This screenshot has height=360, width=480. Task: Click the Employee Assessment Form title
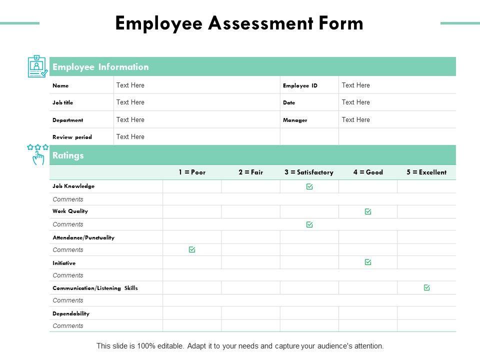tap(239, 23)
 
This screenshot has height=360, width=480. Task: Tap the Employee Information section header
tap(100, 67)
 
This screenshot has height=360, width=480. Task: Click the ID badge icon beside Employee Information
tap(37, 66)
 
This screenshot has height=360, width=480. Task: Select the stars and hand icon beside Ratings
tap(38, 154)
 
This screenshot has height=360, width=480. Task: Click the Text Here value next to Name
tap(130, 85)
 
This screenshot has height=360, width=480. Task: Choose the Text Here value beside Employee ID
tap(356, 85)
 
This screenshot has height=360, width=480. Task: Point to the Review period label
tap(72, 137)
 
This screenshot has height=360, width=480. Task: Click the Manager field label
tap(295, 120)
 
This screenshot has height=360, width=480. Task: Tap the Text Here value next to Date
tap(356, 102)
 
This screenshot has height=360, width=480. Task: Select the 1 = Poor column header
tap(192, 172)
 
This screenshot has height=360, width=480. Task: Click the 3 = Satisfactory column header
tap(309, 172)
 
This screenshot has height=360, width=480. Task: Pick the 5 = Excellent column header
tap(426, 172)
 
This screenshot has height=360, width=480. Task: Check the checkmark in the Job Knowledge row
tap(309, 186)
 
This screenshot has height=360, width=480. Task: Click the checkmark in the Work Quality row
tap(368, 211)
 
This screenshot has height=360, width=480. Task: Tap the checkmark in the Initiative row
tap(368, 262)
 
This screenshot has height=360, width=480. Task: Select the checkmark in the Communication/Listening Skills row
tap(426, 287)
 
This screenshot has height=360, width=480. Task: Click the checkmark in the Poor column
tap(192, 249)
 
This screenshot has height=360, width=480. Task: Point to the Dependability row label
tap(71, 313)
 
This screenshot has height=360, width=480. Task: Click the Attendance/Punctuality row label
tap(83, 237)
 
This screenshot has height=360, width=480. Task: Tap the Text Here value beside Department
tap(130, 120)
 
